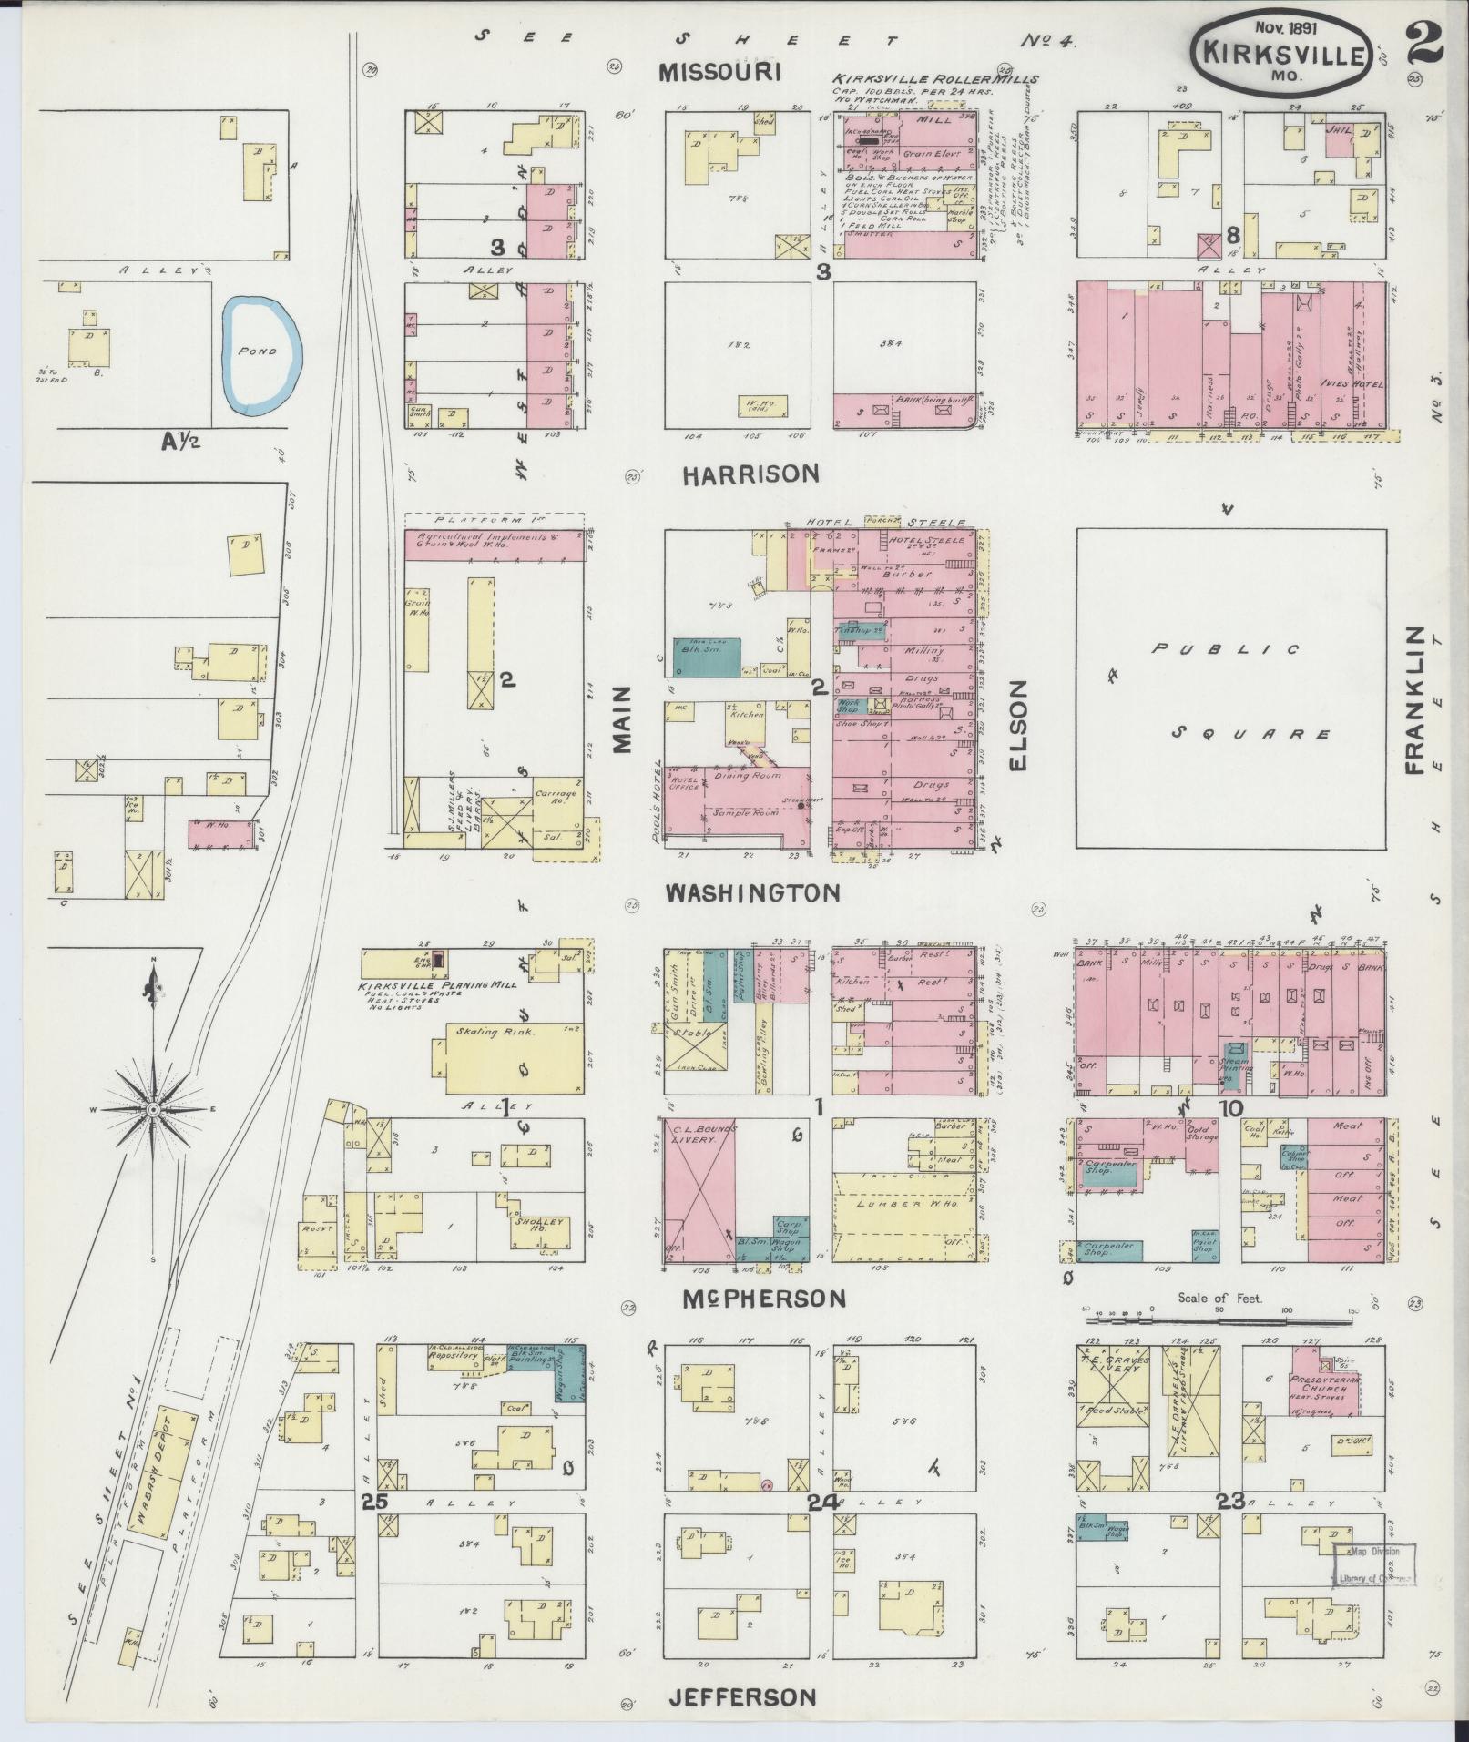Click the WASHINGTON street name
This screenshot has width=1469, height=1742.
[752, 892]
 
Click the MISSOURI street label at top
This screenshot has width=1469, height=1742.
[721, 72]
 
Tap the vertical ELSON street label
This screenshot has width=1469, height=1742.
[1017, 725]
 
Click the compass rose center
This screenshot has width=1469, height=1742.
[153, 1109]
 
